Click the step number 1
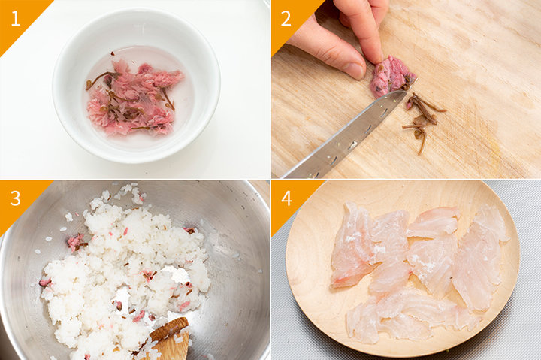16,18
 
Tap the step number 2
286,18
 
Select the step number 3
16,198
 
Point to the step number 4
286,198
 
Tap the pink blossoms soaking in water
134,98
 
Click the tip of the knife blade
406,92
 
